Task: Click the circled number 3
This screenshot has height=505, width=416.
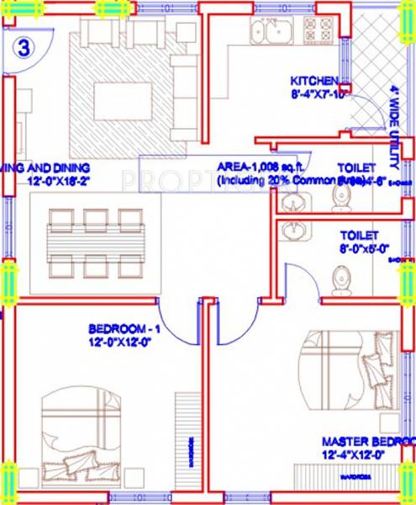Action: (23, 47)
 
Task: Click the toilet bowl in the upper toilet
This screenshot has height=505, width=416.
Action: (341, 195)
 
